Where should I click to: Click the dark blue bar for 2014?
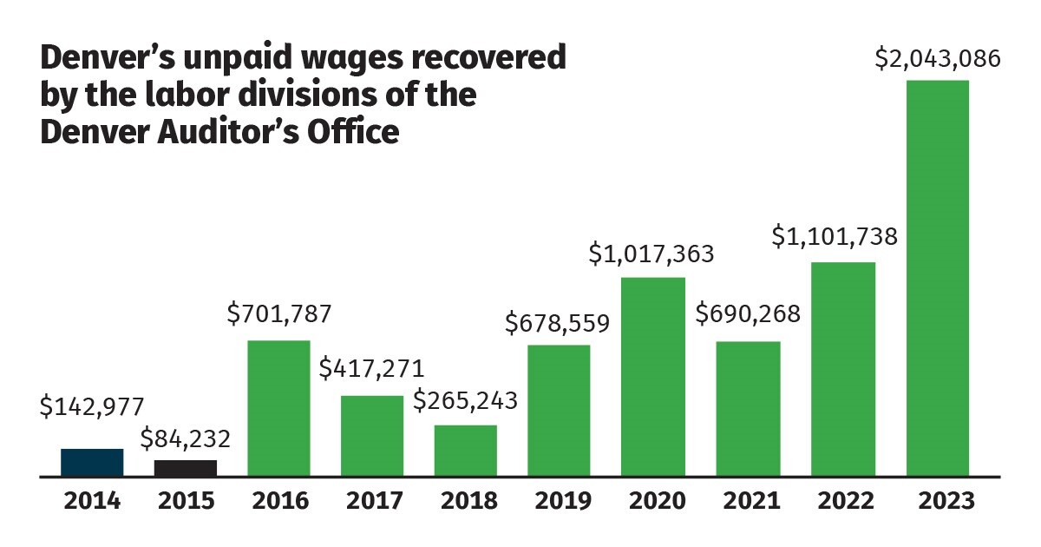point(92,462)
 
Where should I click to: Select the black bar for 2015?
point(186,468)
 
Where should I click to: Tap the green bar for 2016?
point(278,408)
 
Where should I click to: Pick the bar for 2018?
point(466,451)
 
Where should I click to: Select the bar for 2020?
point(653,377)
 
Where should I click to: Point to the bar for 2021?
point(749,409)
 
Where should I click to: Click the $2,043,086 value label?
point(937,59)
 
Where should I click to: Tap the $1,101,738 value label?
point(835,236)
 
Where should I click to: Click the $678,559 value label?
point(558,322)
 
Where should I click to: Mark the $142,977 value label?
point(92,406)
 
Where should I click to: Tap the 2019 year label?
point(560,501)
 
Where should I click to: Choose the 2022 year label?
point(842,501)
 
